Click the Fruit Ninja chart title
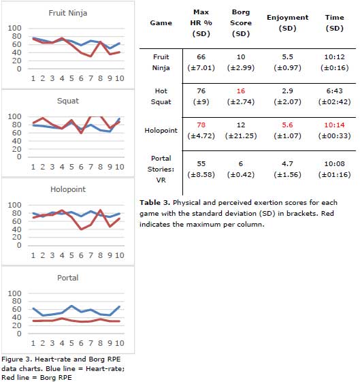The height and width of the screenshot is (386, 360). point(67,13)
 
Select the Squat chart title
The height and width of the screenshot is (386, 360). point(68,101)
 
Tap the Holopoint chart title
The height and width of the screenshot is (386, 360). point(68,189)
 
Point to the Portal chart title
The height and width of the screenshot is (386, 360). point(67,278)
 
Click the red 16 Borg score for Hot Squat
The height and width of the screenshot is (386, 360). point(241,91)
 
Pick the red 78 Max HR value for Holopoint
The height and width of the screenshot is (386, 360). point(201,125)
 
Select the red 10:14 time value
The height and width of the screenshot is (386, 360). point(334,125)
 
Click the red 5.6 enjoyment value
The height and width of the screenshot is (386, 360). point(287,125)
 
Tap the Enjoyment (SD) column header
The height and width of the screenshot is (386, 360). point(287,23)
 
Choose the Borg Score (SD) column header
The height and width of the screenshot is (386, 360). point(241,23)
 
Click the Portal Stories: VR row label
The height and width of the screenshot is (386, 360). point(161,169)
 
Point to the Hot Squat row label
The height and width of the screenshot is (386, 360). point(161,97)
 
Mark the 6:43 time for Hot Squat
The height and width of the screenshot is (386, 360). point(334,91)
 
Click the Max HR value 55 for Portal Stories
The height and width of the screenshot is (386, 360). point(201,163)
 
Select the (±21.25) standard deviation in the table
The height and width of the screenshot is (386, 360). point(241,136)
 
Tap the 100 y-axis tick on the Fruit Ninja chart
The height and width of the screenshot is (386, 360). point(14,28)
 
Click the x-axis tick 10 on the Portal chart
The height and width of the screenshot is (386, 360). point(120,343)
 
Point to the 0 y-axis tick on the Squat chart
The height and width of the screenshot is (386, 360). point(19,157)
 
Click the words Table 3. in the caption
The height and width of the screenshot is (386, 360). point(154,203)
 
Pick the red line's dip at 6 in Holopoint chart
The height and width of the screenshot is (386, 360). point(81,229)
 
